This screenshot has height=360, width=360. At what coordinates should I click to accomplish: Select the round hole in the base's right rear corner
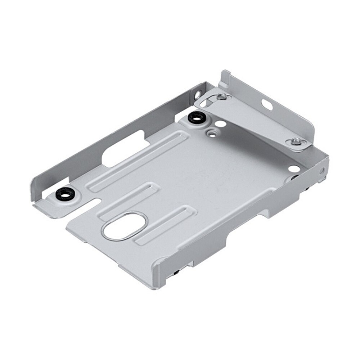point(293,168)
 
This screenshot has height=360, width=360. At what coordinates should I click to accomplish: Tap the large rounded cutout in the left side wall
point(122,149)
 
